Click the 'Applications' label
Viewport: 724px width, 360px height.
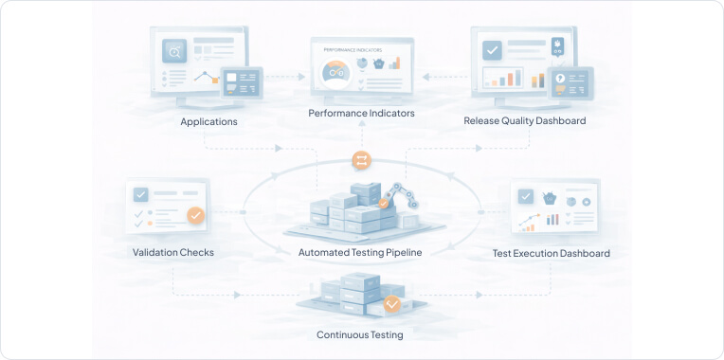click(x=208, y=122)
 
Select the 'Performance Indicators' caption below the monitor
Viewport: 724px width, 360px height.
click(x=361, y=114)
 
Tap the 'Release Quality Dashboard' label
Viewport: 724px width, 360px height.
click(x=524, y=121)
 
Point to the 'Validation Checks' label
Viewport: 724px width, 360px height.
click(x=173, y=253)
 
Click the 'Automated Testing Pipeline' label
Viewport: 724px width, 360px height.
click(x=360, y=253)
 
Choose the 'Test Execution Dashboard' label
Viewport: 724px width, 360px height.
click(x=551, y=254)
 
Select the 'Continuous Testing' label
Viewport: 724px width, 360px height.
click(x=359, y=335)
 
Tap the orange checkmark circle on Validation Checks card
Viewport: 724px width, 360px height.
click(x=196, y=216)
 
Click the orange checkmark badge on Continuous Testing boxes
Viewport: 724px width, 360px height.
click(x=391, y=305)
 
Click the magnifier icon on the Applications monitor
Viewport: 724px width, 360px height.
click(x=173, y=49)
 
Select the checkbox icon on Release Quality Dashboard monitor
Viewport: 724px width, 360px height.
click(x=492, y=49)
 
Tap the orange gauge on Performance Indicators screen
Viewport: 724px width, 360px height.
click(x=335, y=70)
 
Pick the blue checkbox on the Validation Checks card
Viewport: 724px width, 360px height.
click(x=141, y=195)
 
